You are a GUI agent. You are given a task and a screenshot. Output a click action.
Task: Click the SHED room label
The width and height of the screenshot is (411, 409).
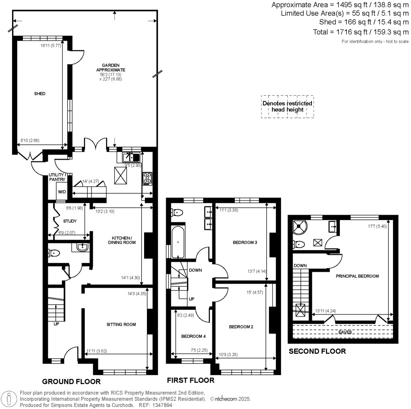point(40,94)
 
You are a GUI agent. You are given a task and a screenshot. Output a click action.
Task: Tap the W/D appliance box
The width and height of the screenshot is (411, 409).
point(62,192)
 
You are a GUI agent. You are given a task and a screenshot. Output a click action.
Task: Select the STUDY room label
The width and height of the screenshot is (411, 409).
point(70,221)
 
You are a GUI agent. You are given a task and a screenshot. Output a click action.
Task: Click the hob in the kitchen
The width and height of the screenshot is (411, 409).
point(147,179)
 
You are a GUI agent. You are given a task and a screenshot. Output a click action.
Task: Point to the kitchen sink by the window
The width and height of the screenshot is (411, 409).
point(131,157)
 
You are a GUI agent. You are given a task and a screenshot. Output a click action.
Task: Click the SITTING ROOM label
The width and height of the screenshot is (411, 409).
point(121,325)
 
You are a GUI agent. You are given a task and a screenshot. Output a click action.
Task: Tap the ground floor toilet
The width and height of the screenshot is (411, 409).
point(54,253)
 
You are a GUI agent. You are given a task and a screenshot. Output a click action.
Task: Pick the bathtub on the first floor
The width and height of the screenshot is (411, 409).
point(178,242)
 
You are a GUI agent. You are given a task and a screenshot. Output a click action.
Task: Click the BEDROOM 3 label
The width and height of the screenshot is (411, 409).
point(245,242)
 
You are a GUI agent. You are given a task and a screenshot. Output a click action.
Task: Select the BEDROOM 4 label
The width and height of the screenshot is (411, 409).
point(193,336)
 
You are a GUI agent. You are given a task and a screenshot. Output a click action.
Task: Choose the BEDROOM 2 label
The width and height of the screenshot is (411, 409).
point(241,327)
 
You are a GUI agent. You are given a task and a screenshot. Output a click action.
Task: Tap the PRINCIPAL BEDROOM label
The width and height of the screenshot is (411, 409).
point(357,276)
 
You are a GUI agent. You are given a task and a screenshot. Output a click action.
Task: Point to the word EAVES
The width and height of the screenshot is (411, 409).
point(345,332)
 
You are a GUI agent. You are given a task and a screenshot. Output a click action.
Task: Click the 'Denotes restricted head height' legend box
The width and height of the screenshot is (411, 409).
point(287,106)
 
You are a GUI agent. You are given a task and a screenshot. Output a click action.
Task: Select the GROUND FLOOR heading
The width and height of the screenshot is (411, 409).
point(71,382)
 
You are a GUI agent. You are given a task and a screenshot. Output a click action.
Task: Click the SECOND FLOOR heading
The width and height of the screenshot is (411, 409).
point(317,351)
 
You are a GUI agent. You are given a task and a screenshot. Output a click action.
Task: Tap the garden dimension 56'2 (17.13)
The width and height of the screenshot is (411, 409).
point(111,74)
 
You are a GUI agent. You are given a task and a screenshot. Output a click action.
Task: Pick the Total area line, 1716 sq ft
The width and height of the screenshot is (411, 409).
point(361,32)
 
